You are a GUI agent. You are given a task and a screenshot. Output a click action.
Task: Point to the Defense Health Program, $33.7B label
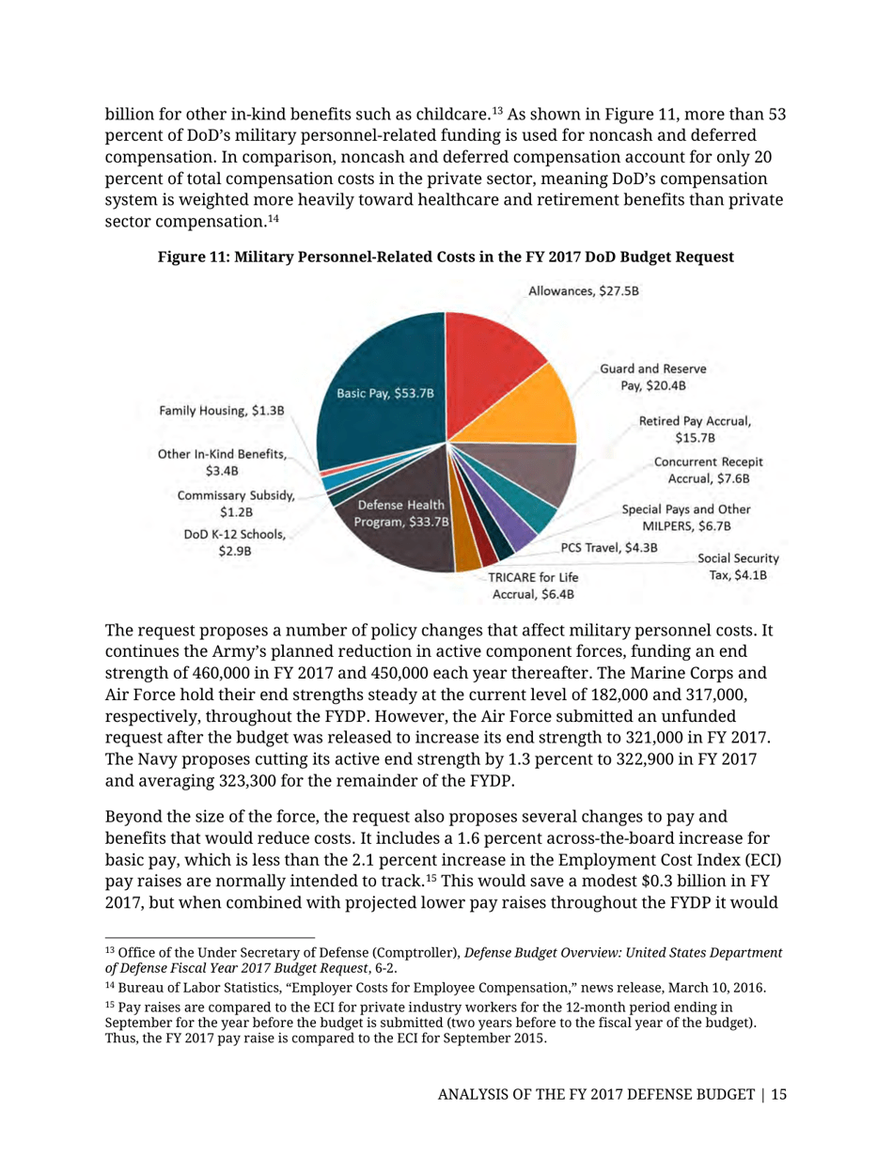pyautogui.click(x=394, y=514)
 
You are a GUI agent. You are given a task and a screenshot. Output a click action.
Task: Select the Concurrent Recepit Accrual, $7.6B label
pyautogui.click(x=708, y=471)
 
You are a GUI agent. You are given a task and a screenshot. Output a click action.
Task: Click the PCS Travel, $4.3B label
pyautogui.click(x=608, y=547)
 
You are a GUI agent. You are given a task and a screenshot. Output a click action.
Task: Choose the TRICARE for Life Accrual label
pyautogui.click(x=532, y=586)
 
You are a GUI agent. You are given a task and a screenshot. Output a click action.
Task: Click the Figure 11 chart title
pyautogui.click(x=446, y=257)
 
